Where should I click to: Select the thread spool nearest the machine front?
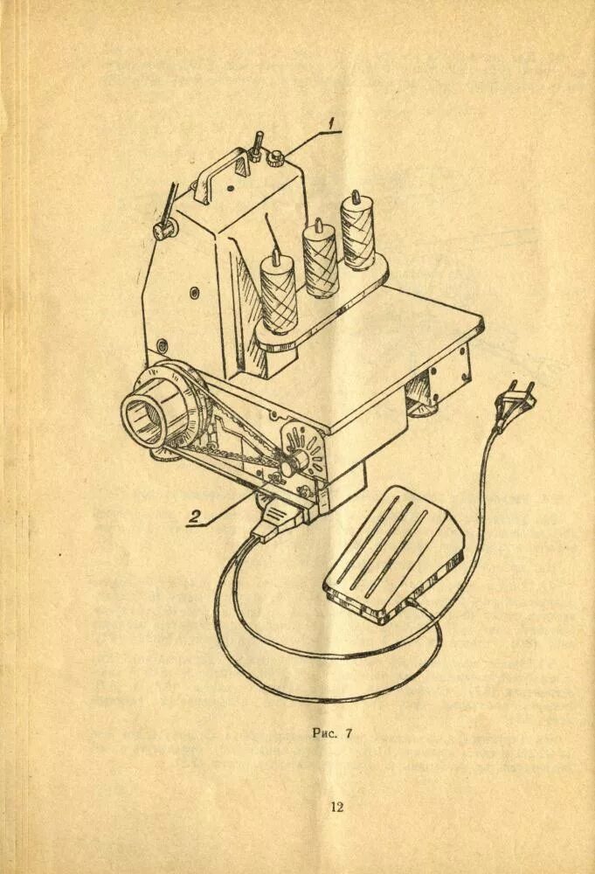(280, 293)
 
